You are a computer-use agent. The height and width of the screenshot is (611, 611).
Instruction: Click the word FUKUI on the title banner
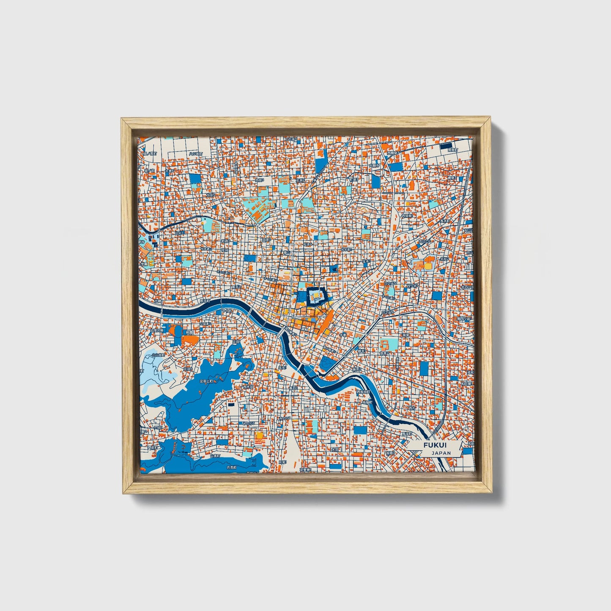[x=436, y=445]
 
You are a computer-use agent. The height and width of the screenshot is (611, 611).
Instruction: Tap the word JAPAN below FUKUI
[x=441, y=453]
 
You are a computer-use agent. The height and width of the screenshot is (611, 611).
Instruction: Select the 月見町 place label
[x=231, y=467]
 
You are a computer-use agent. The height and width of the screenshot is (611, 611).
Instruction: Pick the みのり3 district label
[x=248, y=422]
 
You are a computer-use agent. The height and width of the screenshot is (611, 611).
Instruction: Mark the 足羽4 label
[x=188, y=369]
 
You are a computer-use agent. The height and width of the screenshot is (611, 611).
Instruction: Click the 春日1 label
[x=293, y=387]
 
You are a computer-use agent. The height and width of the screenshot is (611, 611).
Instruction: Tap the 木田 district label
[x=335, y=449]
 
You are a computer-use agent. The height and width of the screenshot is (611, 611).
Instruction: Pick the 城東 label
[x=406, y=334]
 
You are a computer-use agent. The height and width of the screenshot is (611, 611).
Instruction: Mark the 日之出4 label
[x=387, y=312]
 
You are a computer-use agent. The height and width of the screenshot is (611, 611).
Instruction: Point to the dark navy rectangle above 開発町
[x=446, y=146]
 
